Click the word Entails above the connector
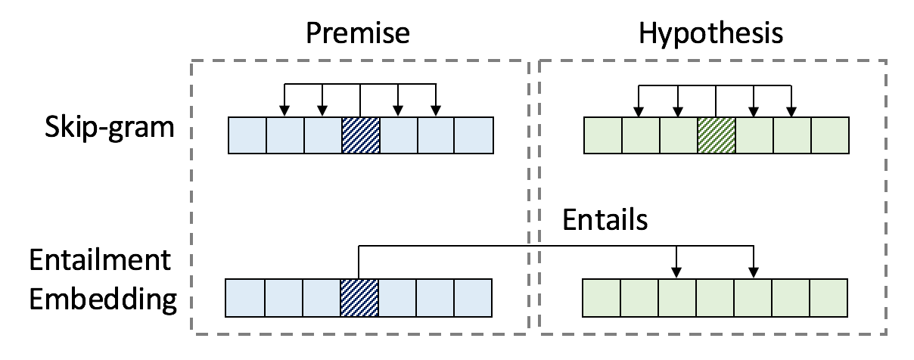605,220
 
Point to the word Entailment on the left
100,262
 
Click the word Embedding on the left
103,299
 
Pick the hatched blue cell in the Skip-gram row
360,135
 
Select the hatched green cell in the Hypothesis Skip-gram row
716,135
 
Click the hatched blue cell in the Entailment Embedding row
359,298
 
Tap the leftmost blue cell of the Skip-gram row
247,135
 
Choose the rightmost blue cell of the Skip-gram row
474,135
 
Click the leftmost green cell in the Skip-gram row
603,135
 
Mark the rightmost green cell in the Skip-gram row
829,135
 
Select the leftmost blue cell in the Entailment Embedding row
245,298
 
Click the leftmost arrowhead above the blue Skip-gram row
284,111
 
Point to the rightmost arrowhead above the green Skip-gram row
791,111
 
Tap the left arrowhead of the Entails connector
677,272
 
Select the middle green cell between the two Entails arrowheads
715,298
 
